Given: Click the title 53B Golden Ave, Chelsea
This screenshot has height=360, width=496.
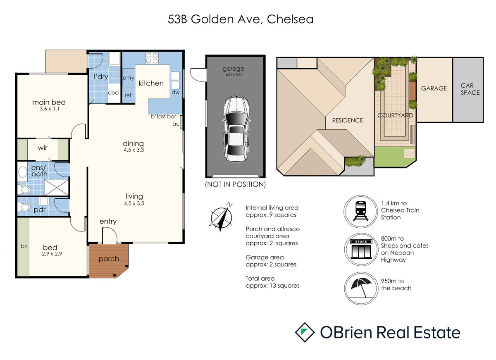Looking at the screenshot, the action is coord(241,19).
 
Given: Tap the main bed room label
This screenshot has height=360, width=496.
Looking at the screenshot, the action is coord(49,102).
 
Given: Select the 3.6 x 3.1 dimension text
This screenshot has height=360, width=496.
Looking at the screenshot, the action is coord(49,109).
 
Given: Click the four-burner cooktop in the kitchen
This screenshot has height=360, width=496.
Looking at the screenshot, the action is coord(152,58).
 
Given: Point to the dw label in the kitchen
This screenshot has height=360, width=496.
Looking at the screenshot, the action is coord(175,92).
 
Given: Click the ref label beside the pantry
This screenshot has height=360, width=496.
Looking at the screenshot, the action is coord(128,95).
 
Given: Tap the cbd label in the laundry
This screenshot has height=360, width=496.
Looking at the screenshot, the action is coord(113,93).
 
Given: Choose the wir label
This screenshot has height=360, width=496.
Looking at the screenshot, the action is coord(43,148).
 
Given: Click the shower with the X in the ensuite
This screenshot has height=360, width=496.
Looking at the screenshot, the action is coord(57,188).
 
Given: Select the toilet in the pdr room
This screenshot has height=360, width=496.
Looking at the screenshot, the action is coord(24,207).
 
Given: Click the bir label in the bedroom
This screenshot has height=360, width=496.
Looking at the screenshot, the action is coord(24,246).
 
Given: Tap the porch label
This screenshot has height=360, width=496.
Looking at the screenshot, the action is coord(109,259).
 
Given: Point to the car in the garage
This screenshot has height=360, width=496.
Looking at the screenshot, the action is coord(236,129).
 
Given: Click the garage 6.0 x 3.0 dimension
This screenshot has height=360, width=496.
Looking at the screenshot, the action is coord(234,74).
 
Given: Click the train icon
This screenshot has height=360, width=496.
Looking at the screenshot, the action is coord(360,211).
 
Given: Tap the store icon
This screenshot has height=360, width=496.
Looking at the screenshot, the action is coord(361,249).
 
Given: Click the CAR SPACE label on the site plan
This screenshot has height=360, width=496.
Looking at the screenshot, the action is coord(470,89).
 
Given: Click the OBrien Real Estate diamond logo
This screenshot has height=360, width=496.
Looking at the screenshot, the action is coord(305,332).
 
